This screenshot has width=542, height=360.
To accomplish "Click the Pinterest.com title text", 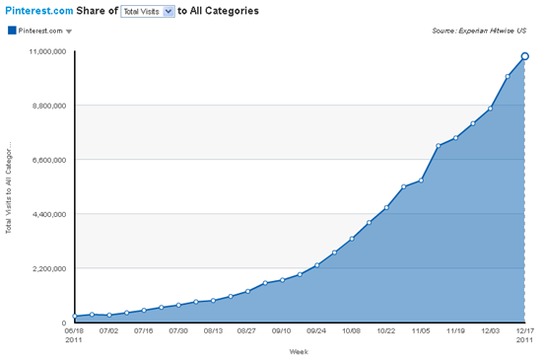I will point(39,12).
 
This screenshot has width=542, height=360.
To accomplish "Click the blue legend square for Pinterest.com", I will point(11,32).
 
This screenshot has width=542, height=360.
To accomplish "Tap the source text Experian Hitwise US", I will point(485,32).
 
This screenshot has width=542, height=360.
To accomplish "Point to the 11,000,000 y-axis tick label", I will point(46,50).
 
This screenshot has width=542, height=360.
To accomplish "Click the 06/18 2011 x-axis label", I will point(75,336).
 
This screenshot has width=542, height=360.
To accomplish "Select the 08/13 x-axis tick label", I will point(213,332).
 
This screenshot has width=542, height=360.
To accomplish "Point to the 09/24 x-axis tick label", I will point(316,332).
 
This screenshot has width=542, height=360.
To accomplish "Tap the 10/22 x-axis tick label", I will point(385,332).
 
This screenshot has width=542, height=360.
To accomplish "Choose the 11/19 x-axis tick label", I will point(455,332).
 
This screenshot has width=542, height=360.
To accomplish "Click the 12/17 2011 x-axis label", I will point(524,336).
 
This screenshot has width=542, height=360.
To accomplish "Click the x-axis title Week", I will point(300,350).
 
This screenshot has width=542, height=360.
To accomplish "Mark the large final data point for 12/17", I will point(525,56).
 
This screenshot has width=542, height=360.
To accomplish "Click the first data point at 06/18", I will point(75,317).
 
